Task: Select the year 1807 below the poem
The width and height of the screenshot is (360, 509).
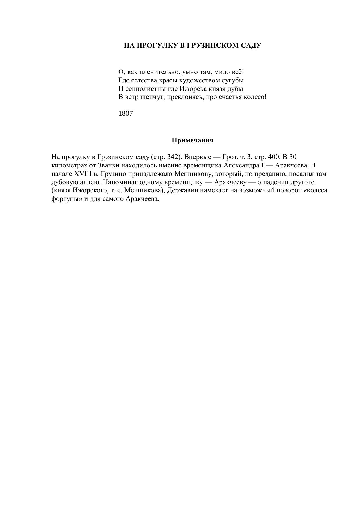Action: coord(126,114)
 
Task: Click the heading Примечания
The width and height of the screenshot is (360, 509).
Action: coord(192,140)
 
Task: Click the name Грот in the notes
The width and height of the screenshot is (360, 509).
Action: coord(230,157)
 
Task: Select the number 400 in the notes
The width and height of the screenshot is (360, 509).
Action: coord(272,157)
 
